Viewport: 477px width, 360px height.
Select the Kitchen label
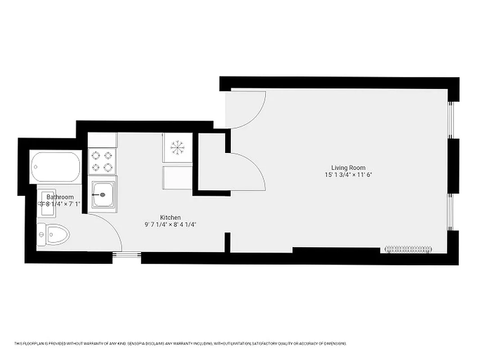coord(170,217)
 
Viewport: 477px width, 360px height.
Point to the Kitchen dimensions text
coord(170,224)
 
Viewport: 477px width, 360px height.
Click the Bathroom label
coord(60,197)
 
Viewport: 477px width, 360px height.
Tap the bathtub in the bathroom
coord(55,167)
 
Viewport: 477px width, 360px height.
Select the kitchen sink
coord(103,195)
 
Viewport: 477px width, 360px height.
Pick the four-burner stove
coord(102,162)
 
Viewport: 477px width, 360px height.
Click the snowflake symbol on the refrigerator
coord(177,147)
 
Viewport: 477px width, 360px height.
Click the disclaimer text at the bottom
coord(180,344)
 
